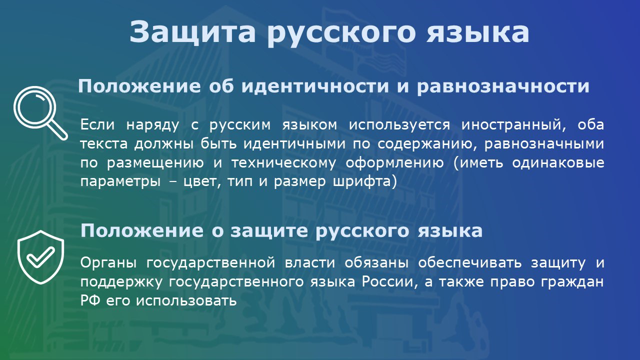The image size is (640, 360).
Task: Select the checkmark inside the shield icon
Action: pyautogui.click(x=40, y=257)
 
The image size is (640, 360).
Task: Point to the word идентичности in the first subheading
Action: pyautogui.click(x=315, y=86)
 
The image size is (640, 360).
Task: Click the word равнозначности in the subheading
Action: pyautogui.click(x=503, y=86)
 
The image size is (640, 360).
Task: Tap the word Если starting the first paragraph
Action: pyautogui.click(x=97, y=124)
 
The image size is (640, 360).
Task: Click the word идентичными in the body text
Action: pyautogui.click(x=294, y=143)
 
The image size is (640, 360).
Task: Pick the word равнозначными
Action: pyautogui.click(x=544, y=143)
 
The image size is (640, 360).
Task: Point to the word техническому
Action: pyautogui.click(x=283, y=163)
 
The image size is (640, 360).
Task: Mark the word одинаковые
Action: pyautogui.click(x=558, y=163)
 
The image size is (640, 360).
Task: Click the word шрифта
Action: pyautogui.click(x=364, y=181)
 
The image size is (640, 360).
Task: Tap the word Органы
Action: pyautogui.click(x=108, y=263)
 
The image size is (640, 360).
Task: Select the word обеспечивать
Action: pyautogui.click(x=470, y=263)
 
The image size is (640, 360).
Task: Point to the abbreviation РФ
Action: pyautogui.click(x=90, y=301)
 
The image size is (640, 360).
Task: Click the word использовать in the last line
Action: pyautogui.click(x=186, y=301)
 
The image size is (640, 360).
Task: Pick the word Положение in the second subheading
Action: pyautogui.click(x=142, y=230)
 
